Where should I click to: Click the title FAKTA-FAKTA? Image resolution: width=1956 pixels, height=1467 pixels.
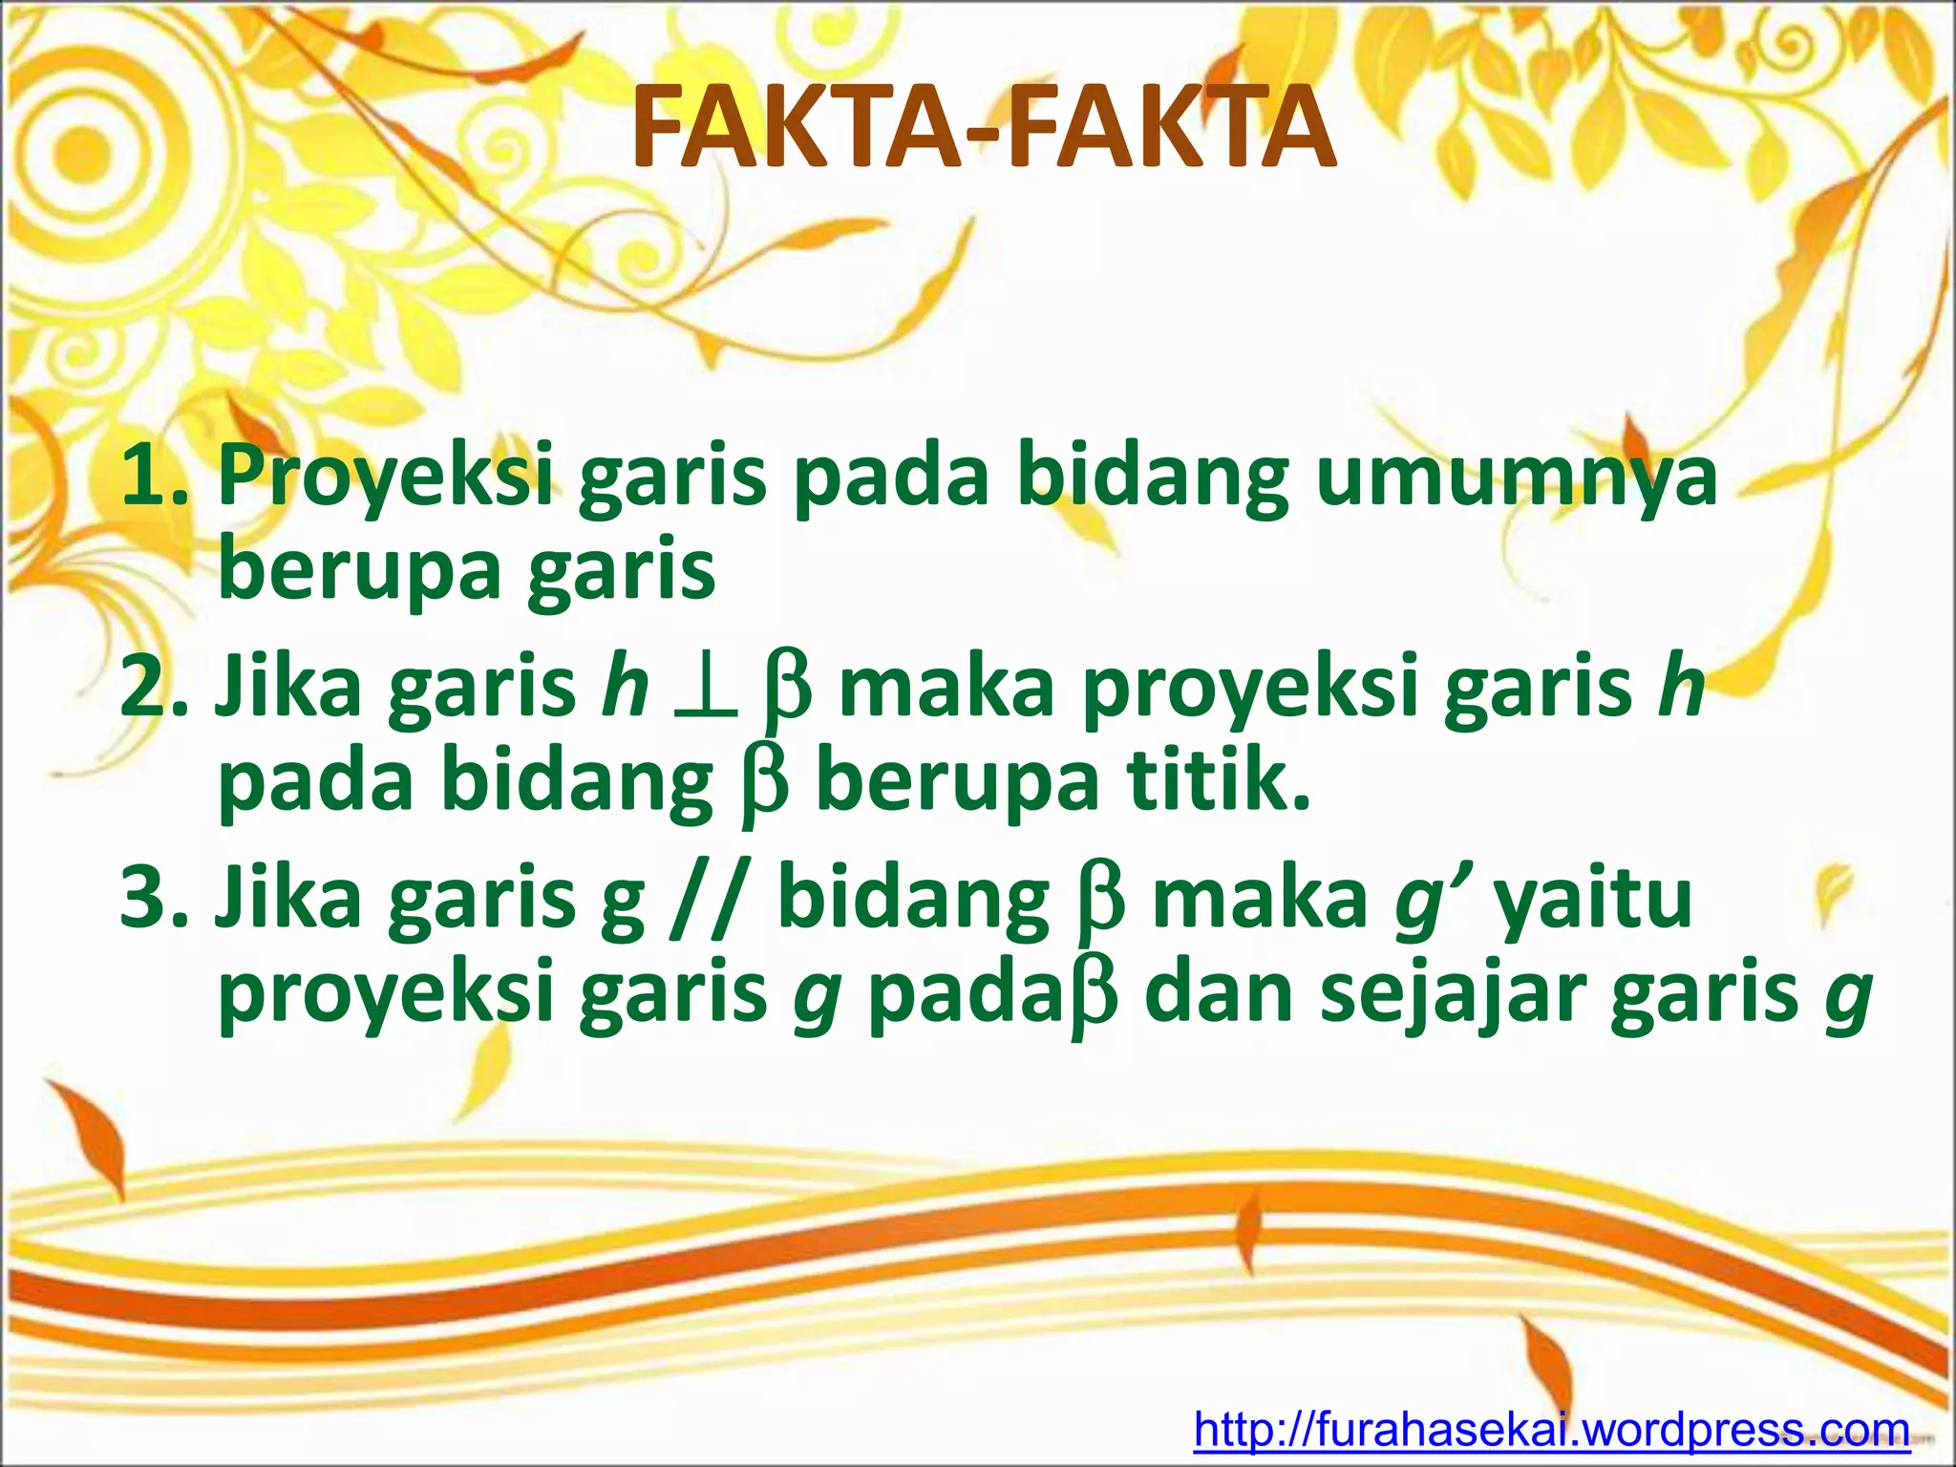pos(984,127)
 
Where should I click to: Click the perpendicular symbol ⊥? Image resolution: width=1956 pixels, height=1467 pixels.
pos(705,690)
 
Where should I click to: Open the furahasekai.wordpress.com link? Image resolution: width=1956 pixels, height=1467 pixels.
pos(1551,1430)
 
